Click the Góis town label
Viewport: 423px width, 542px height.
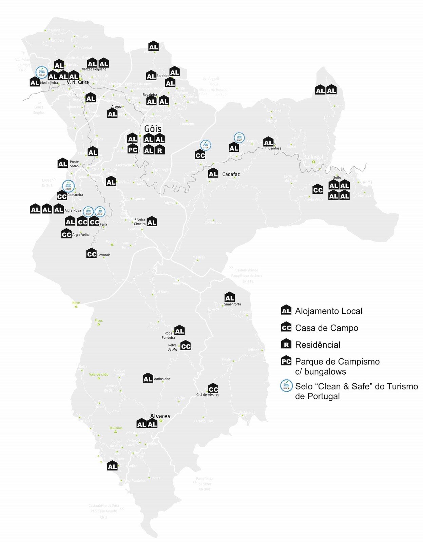point(153,129)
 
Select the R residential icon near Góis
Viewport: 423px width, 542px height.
point(159,150)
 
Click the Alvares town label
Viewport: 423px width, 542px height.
point(160,416)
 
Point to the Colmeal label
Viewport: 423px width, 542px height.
point(314,157)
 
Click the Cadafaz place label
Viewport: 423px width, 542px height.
point(231,174)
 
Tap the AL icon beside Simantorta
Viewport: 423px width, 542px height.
point(230,297)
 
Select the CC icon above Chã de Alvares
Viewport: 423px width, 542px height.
point(213,388)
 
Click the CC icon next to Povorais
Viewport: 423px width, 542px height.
point(92,253)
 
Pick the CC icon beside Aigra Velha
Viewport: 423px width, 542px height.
point(66,234)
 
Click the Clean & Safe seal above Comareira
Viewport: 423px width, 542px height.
point(69,186)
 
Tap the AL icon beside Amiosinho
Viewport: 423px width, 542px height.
point(148,378)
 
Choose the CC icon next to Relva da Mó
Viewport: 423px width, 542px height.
point(186,346)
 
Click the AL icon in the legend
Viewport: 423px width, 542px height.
point(286,310)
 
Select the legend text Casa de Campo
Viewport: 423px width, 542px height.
point(326,328)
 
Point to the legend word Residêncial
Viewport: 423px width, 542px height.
point(318,345)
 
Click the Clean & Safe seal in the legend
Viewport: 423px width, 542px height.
point(286,386)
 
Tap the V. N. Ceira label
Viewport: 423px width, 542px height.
point(78,82)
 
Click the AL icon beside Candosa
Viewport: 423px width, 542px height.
point(268,142)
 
